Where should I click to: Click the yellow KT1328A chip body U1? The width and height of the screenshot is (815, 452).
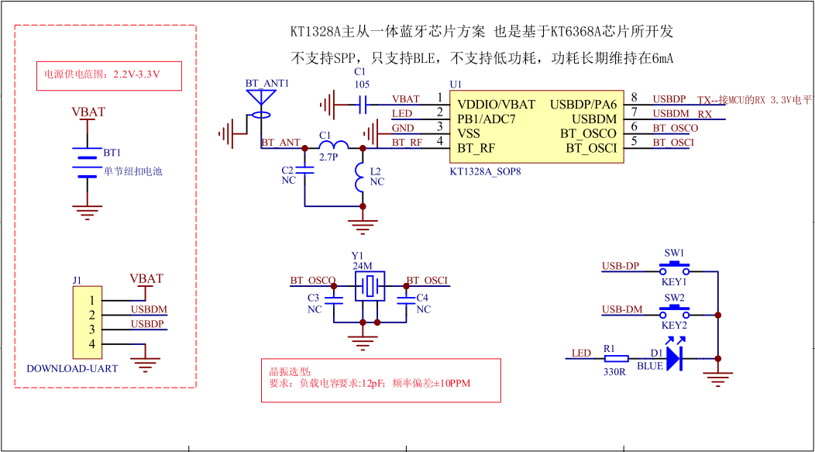coord(536,126)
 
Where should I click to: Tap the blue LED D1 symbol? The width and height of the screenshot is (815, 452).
coord(674,358)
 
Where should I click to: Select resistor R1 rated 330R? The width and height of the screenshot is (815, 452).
coord(616,358)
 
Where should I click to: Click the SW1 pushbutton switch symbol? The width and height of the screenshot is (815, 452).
coord(674,270)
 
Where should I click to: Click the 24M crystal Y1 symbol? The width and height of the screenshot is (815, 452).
coord(370,288)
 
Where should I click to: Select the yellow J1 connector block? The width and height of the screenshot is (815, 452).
coord(87,321)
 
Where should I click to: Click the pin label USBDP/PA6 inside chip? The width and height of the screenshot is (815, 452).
coord(583,104)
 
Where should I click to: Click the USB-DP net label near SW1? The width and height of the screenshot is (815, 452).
coord(621,267)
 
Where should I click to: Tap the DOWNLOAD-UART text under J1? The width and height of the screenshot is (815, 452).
coord(72,368)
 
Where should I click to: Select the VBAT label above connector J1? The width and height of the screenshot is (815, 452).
coord(146,278)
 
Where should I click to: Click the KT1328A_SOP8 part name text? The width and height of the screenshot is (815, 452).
coord(485,171)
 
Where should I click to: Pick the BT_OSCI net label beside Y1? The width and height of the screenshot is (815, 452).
coord(427,281)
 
